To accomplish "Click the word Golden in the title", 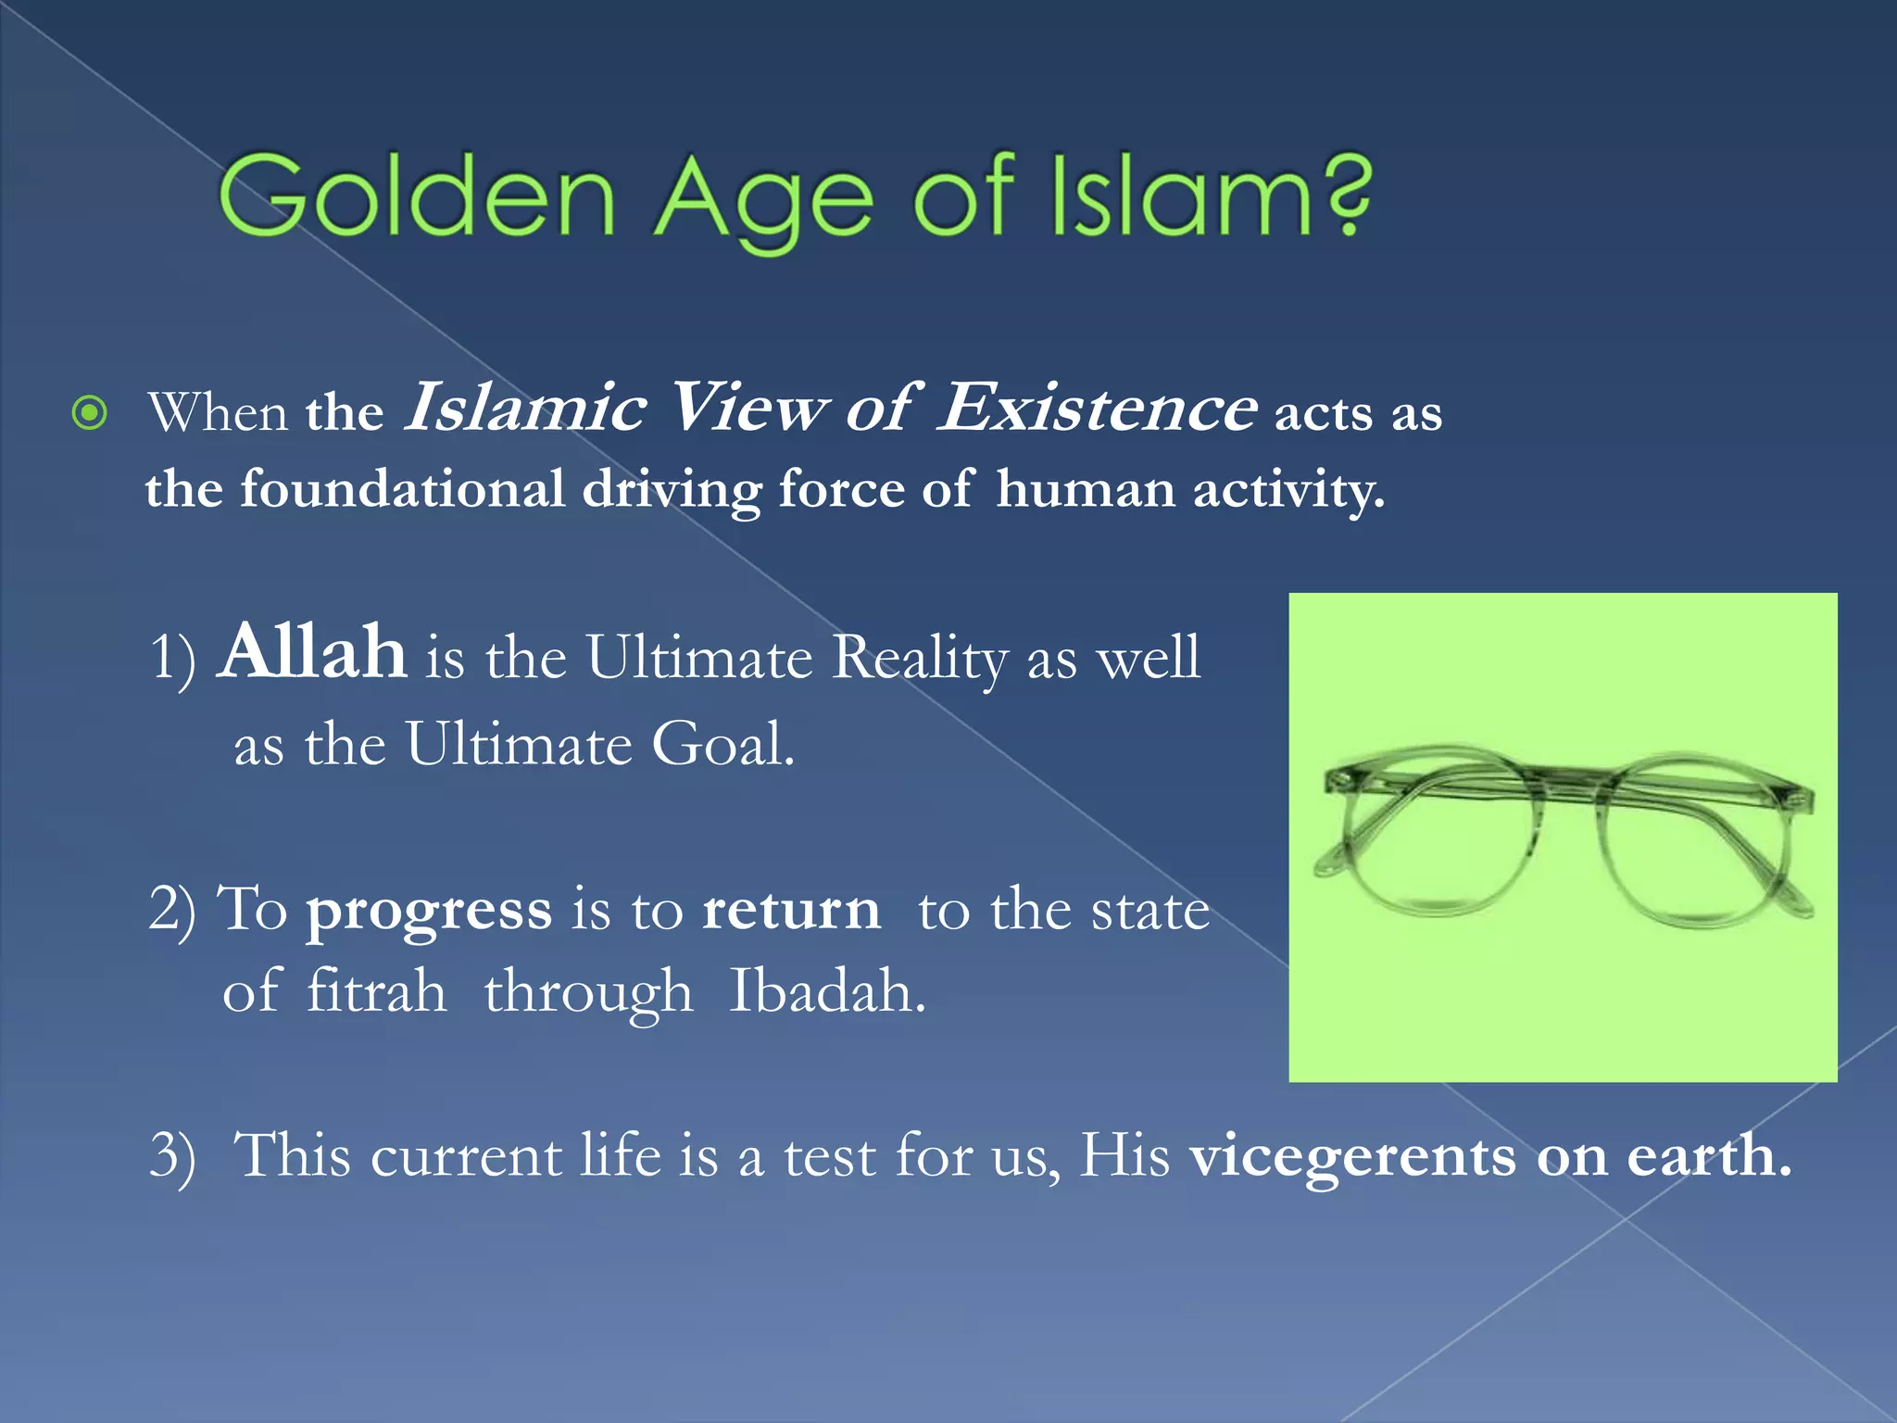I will (x=417, y=196).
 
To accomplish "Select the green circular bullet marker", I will (x=90, y=413).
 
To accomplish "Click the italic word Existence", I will (x=1098, y=408).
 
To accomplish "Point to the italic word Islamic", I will (x=525, y=408).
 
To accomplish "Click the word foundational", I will (x=402, y=488).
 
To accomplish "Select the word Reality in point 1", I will (x=919, y=658).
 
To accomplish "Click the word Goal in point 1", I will (x=721, y=744).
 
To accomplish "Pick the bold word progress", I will (x=429, y=911).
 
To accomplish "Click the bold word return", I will (x=791, y=910).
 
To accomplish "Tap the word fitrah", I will (x=376, y=991).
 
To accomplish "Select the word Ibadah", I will (x=826, y=991).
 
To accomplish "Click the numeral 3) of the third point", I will (x=173, y=1158).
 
